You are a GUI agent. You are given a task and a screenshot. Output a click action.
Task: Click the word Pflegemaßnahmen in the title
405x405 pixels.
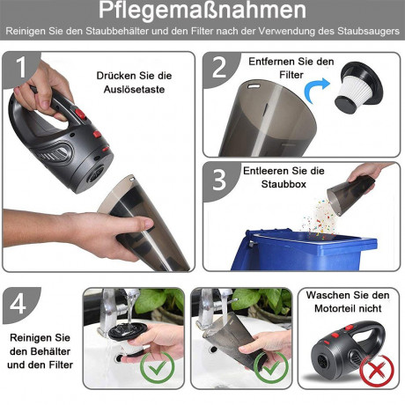pyautogui.click(x=202, y=11)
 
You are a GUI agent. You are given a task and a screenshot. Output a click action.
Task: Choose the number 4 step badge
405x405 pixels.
pyautogui.click(x=18, y=305)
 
